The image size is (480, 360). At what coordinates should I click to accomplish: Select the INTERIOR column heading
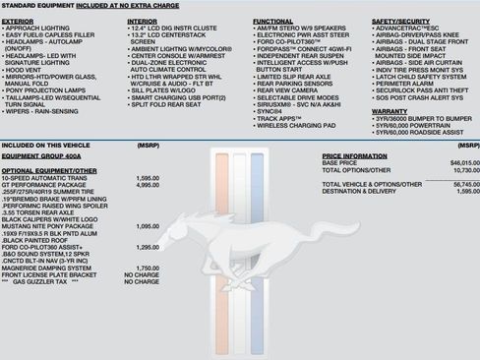click(x=144, y=20)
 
